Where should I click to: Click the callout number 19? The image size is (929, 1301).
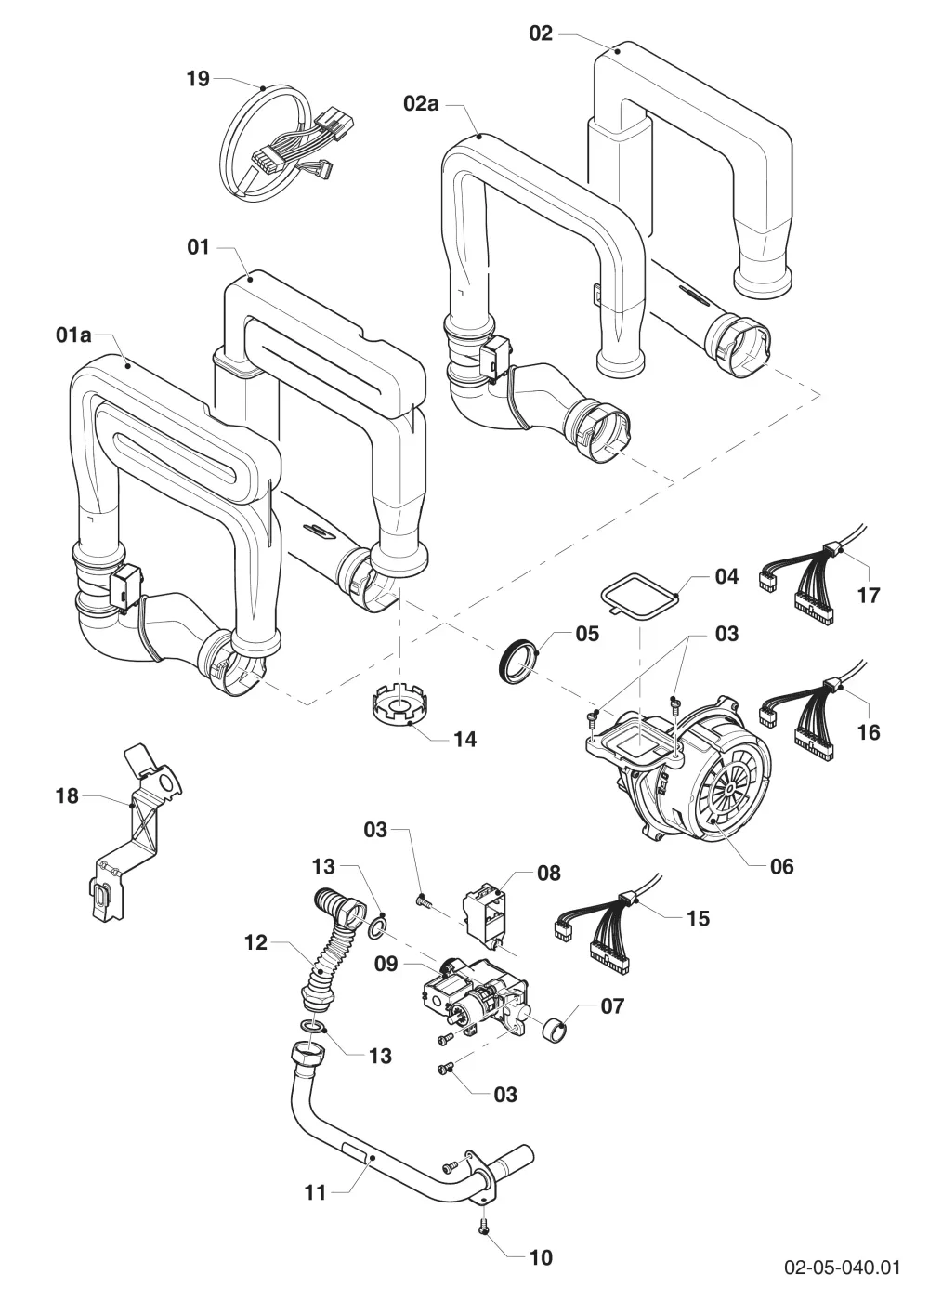point(198,78)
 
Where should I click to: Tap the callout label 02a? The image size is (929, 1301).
point(422,104)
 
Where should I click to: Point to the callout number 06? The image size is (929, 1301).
point(781,866)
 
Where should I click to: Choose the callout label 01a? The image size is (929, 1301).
point(73,335)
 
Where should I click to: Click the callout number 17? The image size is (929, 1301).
point(869,595)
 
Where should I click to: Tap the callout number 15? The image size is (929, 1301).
point(698,918)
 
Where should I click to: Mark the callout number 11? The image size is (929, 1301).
point(316,1193)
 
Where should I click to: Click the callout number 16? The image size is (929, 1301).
point(868,732)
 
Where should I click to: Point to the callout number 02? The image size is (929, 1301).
point(541,33)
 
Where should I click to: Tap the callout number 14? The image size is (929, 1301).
point(464,740)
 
